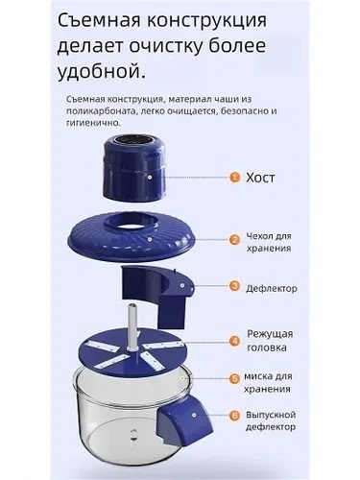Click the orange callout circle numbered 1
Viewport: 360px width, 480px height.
point(233,178)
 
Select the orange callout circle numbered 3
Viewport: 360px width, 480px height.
point(233,286)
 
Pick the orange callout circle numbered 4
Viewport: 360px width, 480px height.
point(233,339)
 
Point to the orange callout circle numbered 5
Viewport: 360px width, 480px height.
point(233,378)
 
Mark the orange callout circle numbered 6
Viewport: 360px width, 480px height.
point(233,415)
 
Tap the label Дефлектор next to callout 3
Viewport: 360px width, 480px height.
point(278,287)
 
